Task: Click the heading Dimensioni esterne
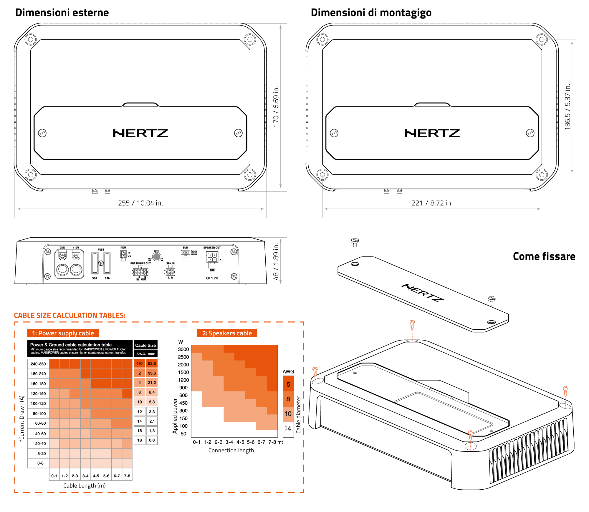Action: (62, 13)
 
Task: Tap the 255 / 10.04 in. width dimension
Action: (140, 203)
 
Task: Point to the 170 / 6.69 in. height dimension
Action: (276, 106)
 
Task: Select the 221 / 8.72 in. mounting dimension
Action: (432, 203)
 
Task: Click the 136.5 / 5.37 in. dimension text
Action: (568, 107)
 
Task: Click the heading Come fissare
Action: (544, 256)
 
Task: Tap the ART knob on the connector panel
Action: (157, 257)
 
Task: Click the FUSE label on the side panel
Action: (101, 250)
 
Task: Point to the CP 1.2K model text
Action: (212, 278)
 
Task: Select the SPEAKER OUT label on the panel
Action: (212, 248)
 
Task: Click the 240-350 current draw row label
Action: (38, 364)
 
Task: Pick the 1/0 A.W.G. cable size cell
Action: (140, 363)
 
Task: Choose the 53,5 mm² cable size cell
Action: (152, 363)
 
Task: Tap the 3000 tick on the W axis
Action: (183, 349)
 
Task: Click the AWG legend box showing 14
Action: (288, 428)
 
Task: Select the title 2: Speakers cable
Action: (227, 333)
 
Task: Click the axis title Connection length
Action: (231, 450)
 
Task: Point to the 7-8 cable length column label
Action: (127, 476)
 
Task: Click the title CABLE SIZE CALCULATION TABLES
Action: (70, 315)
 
